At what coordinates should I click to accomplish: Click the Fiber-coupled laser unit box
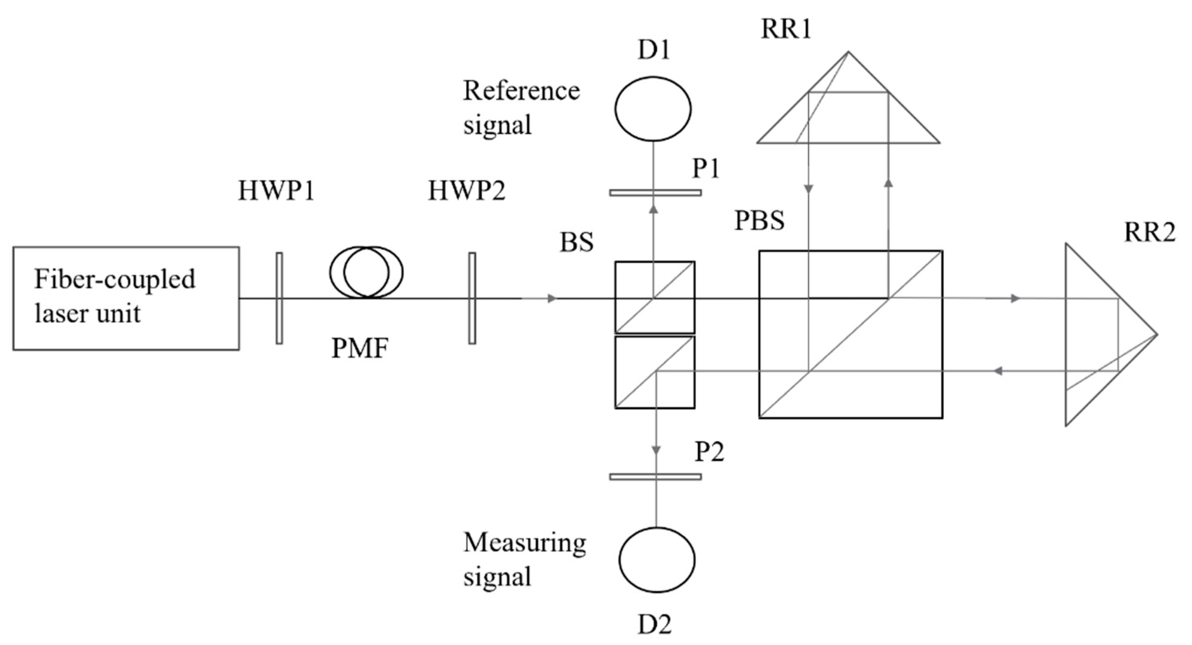tap(126, 298)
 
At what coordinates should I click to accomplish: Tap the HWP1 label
tap(276, 190)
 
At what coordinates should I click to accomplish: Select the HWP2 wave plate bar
tap(472, 298)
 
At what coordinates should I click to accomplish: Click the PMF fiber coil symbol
tap(366, 272)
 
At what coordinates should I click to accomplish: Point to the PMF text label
tap(360, 349)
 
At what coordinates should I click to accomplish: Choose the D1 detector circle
tap(653, 109)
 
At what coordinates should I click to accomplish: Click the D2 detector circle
tap(657, 560)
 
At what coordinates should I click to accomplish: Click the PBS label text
tap(759, 221)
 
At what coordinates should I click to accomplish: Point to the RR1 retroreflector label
tap(786, 29)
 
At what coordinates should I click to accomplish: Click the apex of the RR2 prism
tap(1156, 334)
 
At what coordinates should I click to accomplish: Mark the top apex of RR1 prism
tap(848, 52)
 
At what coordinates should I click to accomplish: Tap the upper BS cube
tap(655, 297)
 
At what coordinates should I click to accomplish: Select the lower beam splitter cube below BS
tap(655, 372)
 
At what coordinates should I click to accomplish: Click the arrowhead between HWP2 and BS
tap(551, 299)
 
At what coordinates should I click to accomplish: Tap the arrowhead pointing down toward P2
tap(656, 450)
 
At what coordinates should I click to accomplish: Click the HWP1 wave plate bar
tap(279, 298)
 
